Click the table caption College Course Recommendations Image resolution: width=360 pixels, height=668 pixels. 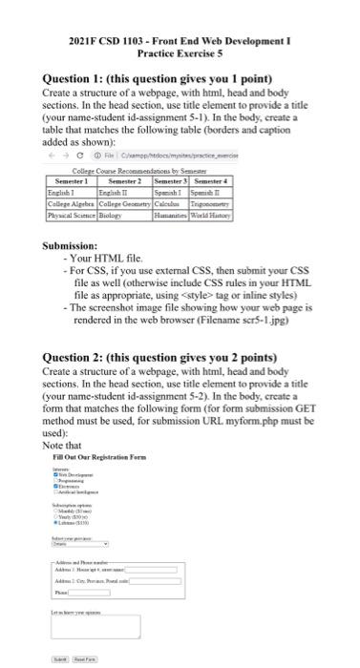[153, 170]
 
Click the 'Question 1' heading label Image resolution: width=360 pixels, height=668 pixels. [75, 78]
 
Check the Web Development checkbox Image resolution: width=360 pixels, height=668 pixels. [55, 474]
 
